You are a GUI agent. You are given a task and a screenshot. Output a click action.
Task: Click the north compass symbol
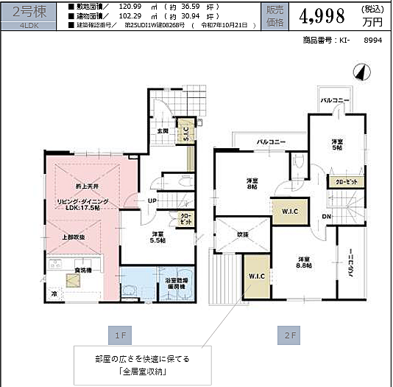[360, 72]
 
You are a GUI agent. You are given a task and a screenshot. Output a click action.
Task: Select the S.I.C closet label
[187, 133]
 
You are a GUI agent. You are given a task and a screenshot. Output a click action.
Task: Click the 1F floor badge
[121, 334]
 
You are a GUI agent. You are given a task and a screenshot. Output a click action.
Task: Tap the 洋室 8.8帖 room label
[303, 262]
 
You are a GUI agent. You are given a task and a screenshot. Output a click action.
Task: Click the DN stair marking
[325, 216]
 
